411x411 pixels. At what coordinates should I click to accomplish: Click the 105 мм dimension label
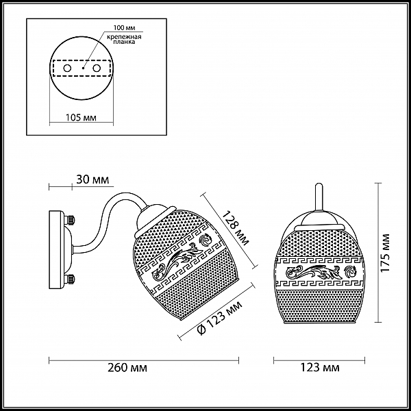point(81,118)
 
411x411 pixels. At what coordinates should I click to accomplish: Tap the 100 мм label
point(124,28)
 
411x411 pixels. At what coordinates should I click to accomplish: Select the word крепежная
point(124,37)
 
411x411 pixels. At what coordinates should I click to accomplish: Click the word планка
point(124,42)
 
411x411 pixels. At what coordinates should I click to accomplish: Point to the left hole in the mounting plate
point(67,68)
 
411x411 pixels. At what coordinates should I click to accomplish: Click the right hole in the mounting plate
point(97,68)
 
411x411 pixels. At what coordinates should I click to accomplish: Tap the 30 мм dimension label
point(92,179)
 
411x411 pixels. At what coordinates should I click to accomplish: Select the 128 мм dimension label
point(236,228)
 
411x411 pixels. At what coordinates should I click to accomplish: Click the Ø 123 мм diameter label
point(220,318)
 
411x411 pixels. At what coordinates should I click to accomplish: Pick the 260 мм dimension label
point(127,368)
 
